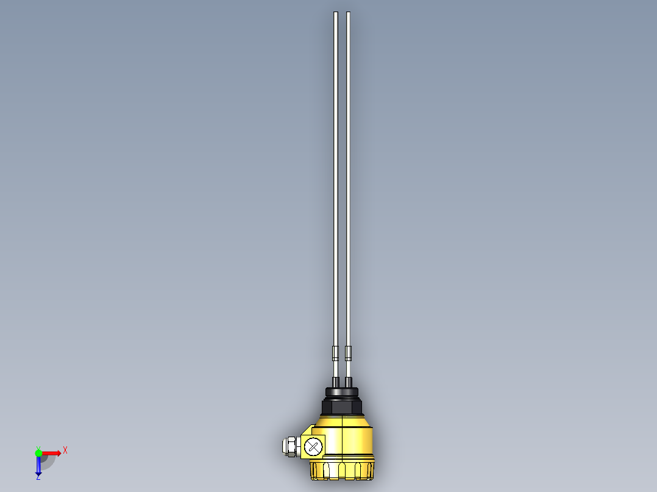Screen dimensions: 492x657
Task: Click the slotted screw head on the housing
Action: [x=313, y=446]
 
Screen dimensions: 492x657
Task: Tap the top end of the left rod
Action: [x=335, y=13]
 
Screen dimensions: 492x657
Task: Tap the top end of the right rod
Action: [x=348, y=13]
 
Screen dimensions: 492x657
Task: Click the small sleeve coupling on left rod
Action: [x=335, y=353]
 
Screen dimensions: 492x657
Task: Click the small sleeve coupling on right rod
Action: [x=348, y=353]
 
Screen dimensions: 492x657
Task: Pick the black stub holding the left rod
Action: [x=336, y=382]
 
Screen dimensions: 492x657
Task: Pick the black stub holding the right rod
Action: [x=349, y=382]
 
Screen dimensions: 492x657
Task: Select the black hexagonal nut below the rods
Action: [x=342, y=406]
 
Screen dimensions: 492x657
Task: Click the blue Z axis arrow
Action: [x=38, y=466]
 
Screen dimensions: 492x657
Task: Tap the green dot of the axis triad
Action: [x=38, y=452]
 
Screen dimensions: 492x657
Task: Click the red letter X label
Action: [x=65, y=450]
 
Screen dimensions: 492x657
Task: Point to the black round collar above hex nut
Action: [x=342, y=391]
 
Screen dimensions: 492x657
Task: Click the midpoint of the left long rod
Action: [x=335, y=183]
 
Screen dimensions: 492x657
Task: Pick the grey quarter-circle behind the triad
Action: [x=48, y=461]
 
